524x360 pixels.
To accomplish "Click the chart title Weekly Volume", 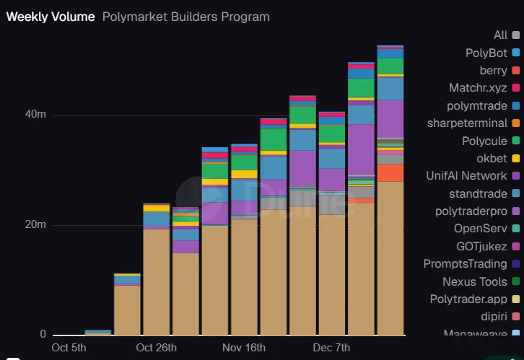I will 51,17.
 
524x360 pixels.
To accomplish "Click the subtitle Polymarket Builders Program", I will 186,17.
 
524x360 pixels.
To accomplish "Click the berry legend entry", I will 493,71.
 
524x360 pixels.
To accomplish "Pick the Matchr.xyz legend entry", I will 478,88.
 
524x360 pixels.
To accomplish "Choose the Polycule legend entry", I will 484,141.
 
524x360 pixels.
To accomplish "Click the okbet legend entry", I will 492,158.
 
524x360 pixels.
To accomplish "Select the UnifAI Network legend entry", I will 466,176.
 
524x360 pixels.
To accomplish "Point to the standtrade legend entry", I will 478,193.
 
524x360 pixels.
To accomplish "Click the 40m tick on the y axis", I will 38,115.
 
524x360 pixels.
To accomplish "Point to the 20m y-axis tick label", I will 38,225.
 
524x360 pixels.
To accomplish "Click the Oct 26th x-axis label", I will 157,348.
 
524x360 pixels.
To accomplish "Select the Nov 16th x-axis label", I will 243,348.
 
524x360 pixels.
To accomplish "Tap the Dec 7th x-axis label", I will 332,348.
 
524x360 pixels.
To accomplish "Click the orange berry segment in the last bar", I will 390,173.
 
